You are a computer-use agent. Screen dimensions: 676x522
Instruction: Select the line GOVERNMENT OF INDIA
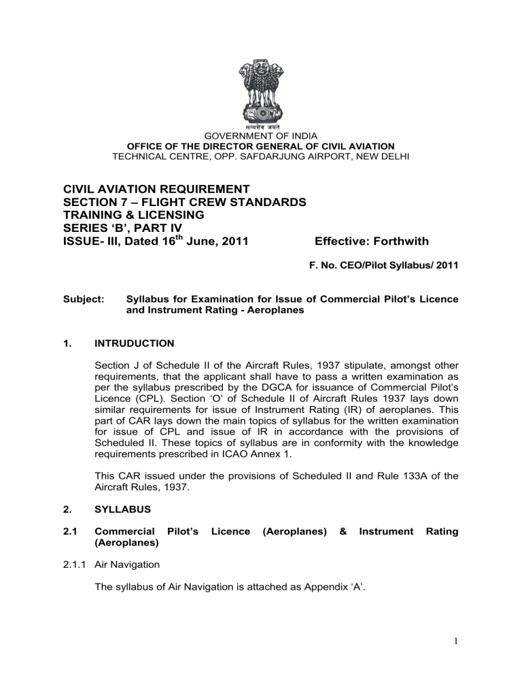(261, 135)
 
